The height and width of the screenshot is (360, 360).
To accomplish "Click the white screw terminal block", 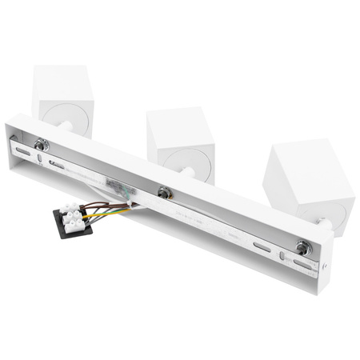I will (74, 215).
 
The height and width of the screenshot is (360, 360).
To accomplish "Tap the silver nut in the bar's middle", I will (164, 193).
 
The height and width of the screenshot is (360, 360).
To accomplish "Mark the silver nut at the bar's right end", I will (302, 247).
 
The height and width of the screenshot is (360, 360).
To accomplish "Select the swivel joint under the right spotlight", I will (319, 220).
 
